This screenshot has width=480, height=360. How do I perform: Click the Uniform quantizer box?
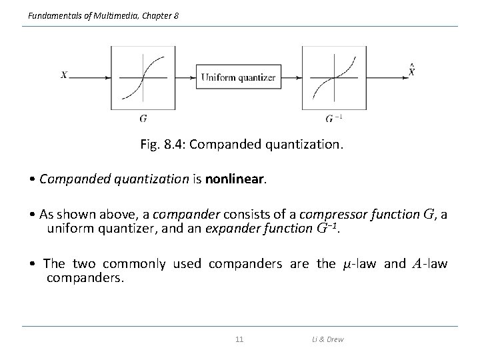(239, 77)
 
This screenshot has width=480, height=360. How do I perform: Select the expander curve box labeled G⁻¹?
(334, 77)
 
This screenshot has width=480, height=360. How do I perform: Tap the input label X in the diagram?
(64, 75)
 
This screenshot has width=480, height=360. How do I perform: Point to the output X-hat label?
(411, 70)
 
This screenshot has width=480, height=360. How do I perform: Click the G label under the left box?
(143, 119)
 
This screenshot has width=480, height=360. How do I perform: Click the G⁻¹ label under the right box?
(334, 119)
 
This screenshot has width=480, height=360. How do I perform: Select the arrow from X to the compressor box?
(90, 77)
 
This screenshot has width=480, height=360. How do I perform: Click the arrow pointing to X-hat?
(386, 77)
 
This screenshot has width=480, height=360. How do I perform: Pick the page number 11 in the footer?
(240, 339)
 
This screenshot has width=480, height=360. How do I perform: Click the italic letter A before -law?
(416, 263)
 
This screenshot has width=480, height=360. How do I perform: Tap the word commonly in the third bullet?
(141, 263)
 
